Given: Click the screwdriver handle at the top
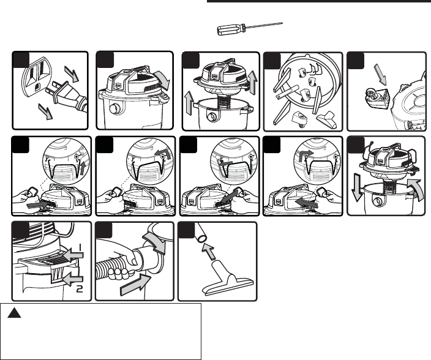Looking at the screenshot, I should pyautogui.click(x=228, y=32).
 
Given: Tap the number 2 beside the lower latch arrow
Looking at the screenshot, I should pyautogui.click(x=80, y=288).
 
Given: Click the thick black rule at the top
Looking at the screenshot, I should pyautogui.click(x=319, y=2).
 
